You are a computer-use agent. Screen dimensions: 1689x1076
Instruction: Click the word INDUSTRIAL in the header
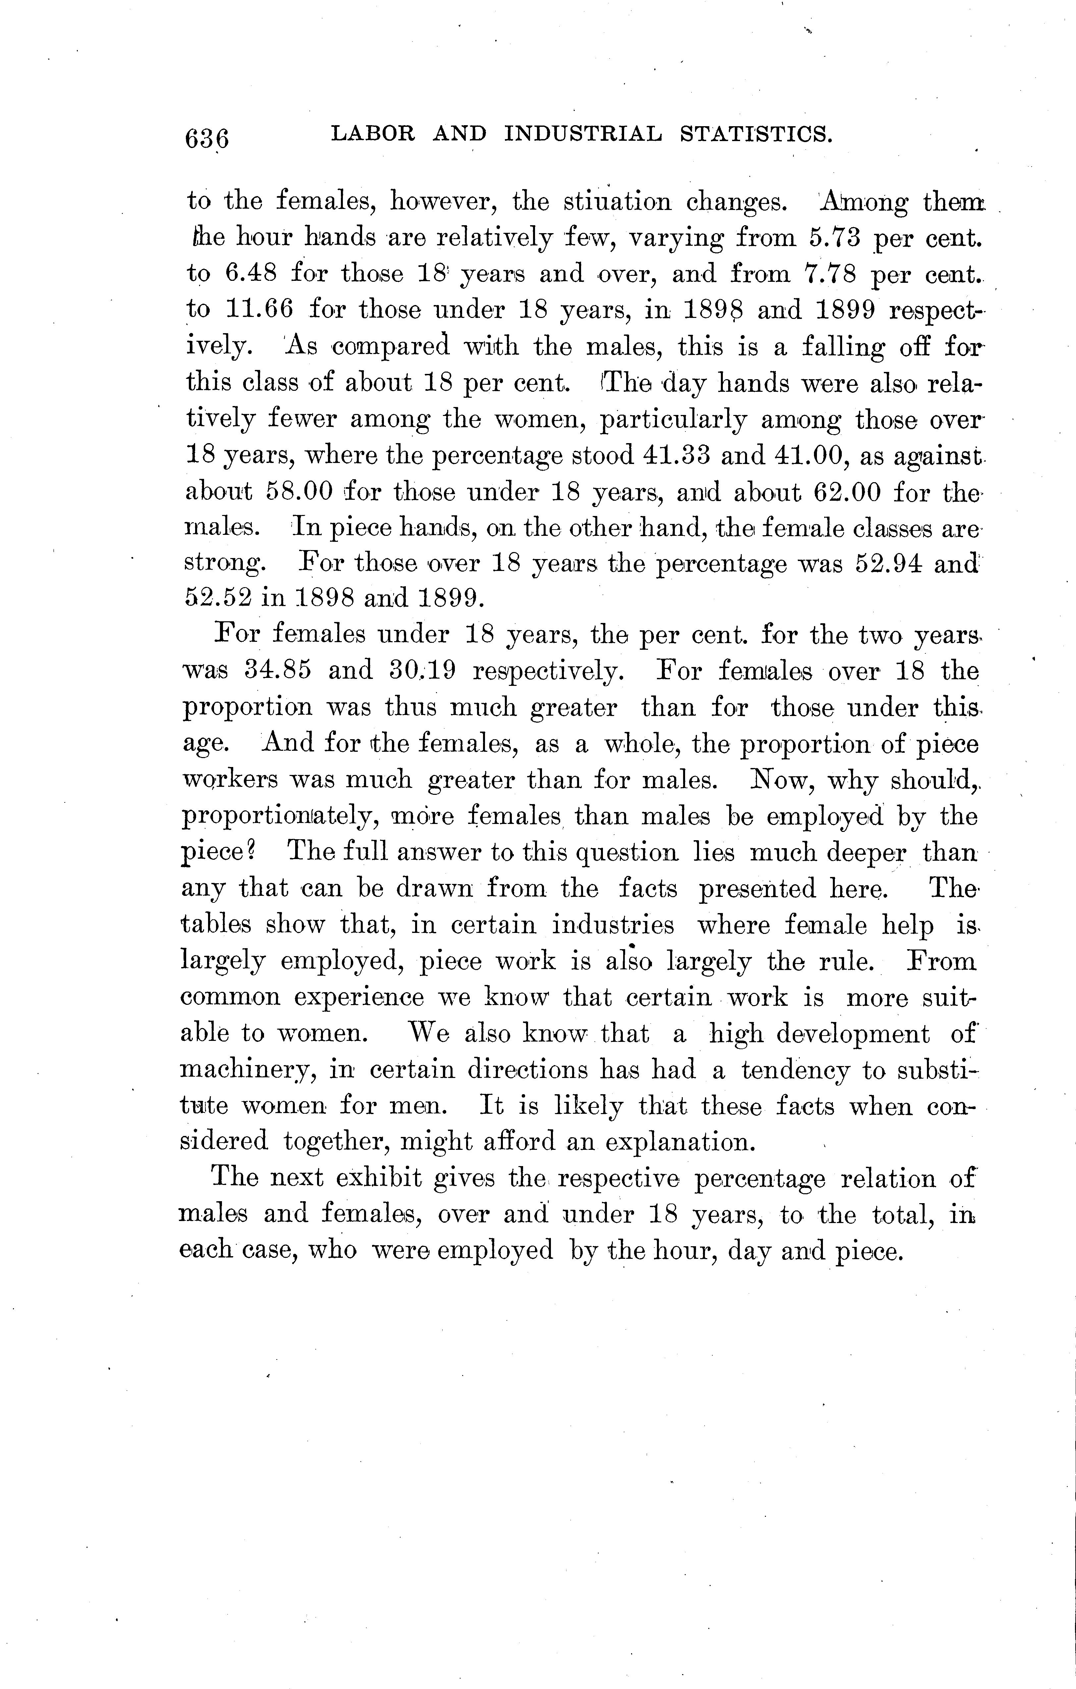point(583,133)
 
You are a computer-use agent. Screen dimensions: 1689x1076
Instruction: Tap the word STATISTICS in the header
point(756,133)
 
